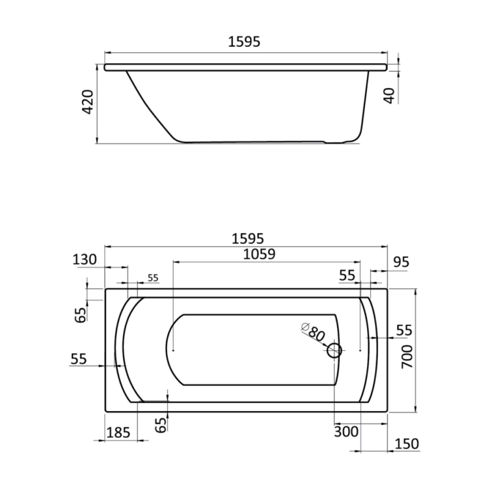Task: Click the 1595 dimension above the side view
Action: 244,42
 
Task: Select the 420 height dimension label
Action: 87,102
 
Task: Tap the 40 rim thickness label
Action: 390,96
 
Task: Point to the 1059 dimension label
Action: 259,254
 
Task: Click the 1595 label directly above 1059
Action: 248,239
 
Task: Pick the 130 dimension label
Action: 85,259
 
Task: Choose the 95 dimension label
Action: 401,262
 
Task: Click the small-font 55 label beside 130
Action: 153,278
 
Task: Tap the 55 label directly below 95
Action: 347,275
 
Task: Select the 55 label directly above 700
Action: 404,330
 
